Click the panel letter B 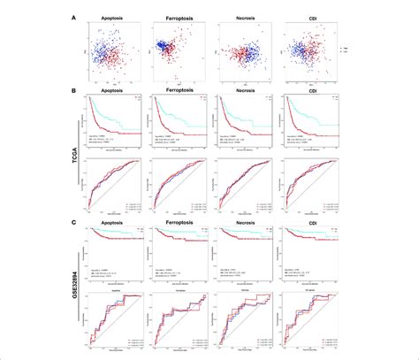[72, 87]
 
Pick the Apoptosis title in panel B [108, 89]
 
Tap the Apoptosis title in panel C [108, 225]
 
